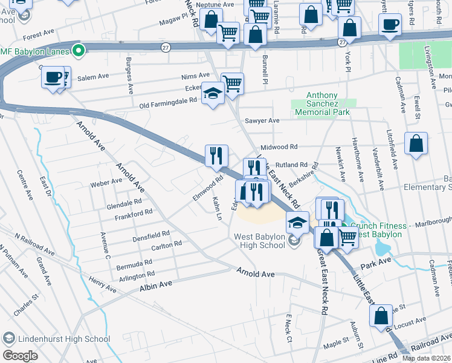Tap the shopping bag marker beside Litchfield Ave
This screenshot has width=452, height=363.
point(416,144)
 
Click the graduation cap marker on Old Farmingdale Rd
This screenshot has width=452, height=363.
point(212,93)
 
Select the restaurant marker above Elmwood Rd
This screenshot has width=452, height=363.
point(216,155)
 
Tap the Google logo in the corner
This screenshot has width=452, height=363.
point(20,355)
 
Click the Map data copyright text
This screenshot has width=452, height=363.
point(426,358)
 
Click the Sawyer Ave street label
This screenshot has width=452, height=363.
point(262,121)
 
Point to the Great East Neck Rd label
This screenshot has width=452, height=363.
point(321,284)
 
